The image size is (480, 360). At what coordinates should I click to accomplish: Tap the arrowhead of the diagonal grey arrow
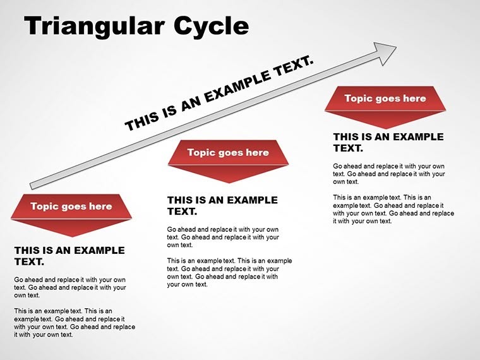(386, 52)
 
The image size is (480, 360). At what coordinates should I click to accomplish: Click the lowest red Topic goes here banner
(71, 207)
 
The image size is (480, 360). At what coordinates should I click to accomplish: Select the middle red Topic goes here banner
(228, 153)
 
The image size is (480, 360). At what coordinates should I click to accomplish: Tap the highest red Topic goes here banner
(385, 99)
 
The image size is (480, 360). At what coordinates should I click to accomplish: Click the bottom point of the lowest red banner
(71, 236)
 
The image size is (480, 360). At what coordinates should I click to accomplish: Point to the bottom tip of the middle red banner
(228, 182)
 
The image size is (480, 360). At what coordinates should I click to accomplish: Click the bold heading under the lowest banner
(69, 256)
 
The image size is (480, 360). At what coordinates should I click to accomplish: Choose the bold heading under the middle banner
(222, 206)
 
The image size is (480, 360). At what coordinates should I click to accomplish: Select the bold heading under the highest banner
(388, 142)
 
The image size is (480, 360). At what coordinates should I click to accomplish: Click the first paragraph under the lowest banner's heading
(69, 287)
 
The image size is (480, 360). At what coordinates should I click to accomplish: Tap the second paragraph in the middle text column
(229, 272)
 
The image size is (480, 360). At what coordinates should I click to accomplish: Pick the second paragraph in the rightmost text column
(393, 209)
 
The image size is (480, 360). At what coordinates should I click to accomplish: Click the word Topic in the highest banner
(359, 99)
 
